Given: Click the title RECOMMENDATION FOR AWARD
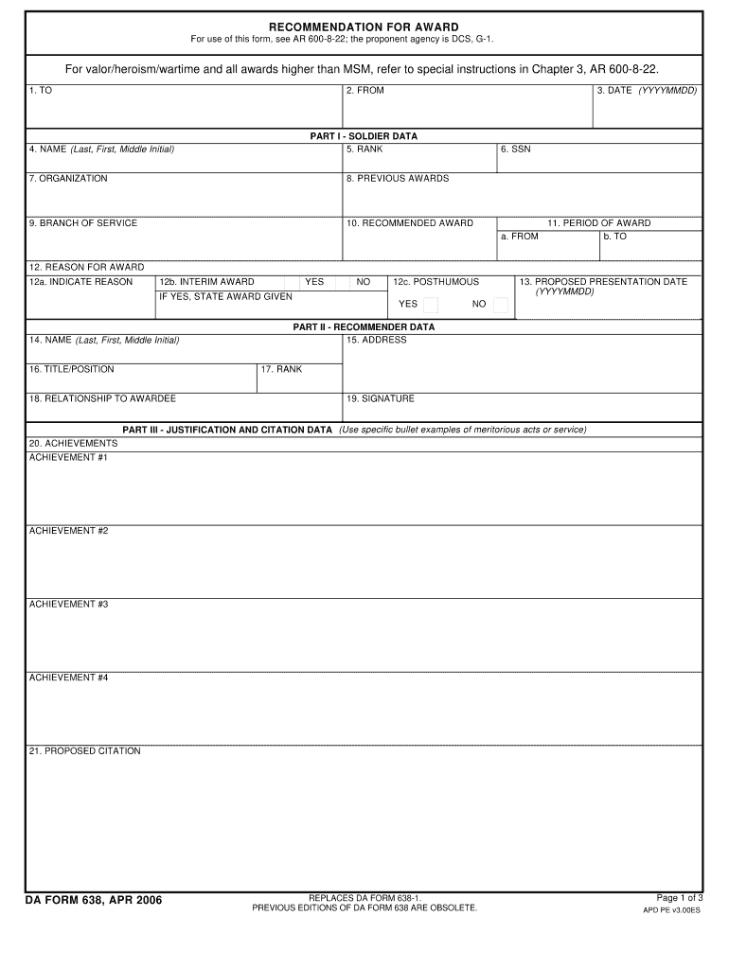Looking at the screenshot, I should click(364, 26).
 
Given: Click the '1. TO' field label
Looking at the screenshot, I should click(40, 91).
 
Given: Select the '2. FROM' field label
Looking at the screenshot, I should click(364, 91).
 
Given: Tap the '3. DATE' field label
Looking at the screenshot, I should click(647, 91).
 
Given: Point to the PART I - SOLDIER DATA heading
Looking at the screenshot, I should click(364, 136).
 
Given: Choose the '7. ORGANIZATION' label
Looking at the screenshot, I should click(68, 179).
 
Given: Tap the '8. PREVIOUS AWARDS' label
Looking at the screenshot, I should click(398, 179).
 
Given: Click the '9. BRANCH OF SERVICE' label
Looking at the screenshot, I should click(83, 223).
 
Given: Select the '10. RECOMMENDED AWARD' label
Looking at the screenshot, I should click(410, 223).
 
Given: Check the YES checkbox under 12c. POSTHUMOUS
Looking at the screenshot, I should click(431, 305).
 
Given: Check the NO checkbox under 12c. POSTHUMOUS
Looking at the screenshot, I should click(501, 305).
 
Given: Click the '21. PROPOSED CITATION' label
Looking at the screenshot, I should click(84, 751).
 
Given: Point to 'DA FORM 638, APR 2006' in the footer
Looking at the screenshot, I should click(94, 900).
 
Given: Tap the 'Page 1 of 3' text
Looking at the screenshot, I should click(679, 898).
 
